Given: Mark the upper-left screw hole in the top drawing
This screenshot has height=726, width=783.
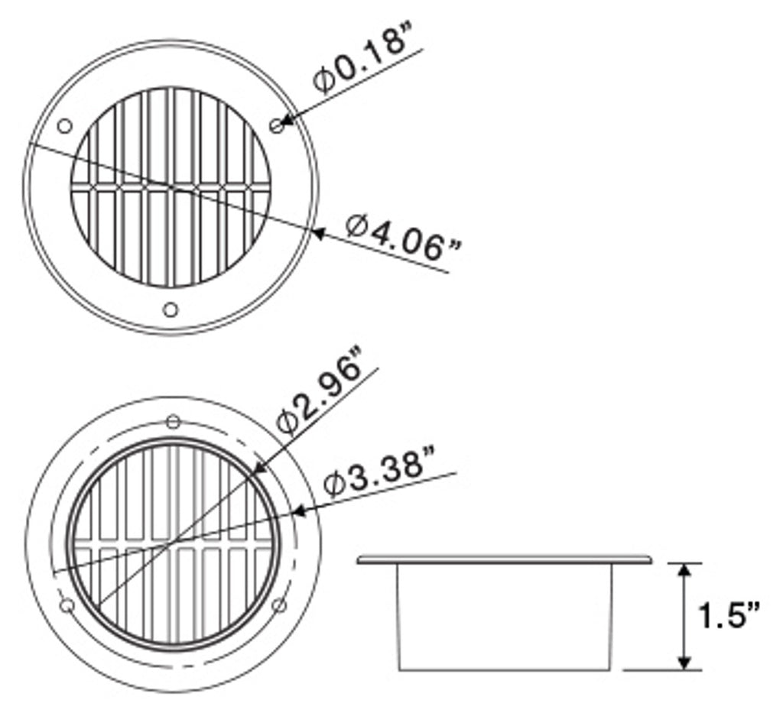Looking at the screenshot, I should tap(64, 125).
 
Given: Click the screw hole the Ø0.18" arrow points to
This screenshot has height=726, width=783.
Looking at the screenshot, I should tap(278, 125).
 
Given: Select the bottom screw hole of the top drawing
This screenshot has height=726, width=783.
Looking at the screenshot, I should tap(171, 310).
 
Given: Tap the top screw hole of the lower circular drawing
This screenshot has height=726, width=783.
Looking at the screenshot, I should tap(174, 421).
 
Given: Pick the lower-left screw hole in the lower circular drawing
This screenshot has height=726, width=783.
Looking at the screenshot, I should tap(67, 605).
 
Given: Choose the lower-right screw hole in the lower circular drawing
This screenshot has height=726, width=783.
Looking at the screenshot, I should tap(280, 605).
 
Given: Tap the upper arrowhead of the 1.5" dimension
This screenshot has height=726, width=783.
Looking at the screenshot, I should tap(685, 569).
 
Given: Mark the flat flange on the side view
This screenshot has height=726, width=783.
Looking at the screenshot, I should tap(505, 561).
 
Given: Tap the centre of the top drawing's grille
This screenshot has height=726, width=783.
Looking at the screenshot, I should tap(171, 186).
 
